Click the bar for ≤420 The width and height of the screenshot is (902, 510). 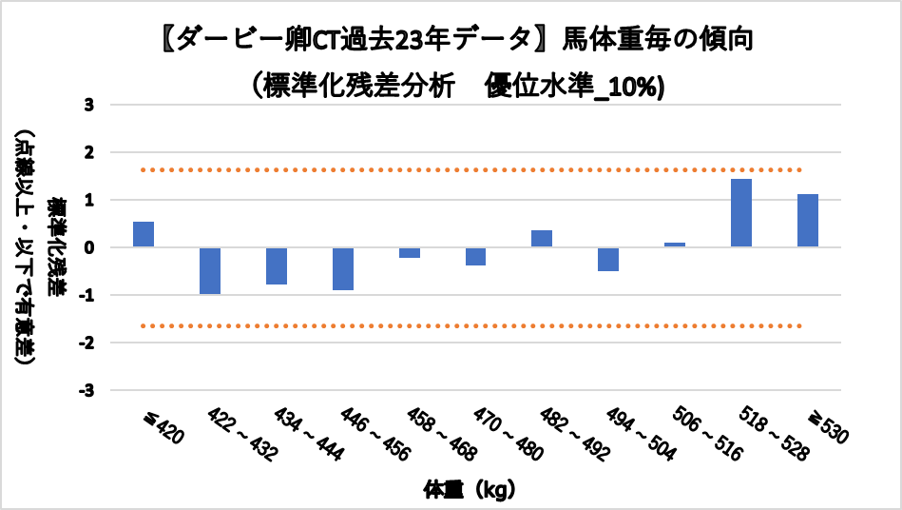[144, 234]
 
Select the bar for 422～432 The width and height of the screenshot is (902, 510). [210, 271]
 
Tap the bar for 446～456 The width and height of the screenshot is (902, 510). [343, 268]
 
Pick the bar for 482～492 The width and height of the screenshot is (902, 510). [542, 239]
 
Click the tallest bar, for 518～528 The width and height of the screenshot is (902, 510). [741, 213]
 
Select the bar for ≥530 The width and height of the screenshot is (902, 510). [808, 221]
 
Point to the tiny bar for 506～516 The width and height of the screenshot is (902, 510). [675, 245]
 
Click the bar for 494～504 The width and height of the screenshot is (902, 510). [608, 259]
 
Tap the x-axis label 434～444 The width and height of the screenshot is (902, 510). [300, 434]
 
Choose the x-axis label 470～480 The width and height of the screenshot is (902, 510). [500, 434]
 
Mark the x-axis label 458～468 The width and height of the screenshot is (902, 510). [433, 434]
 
